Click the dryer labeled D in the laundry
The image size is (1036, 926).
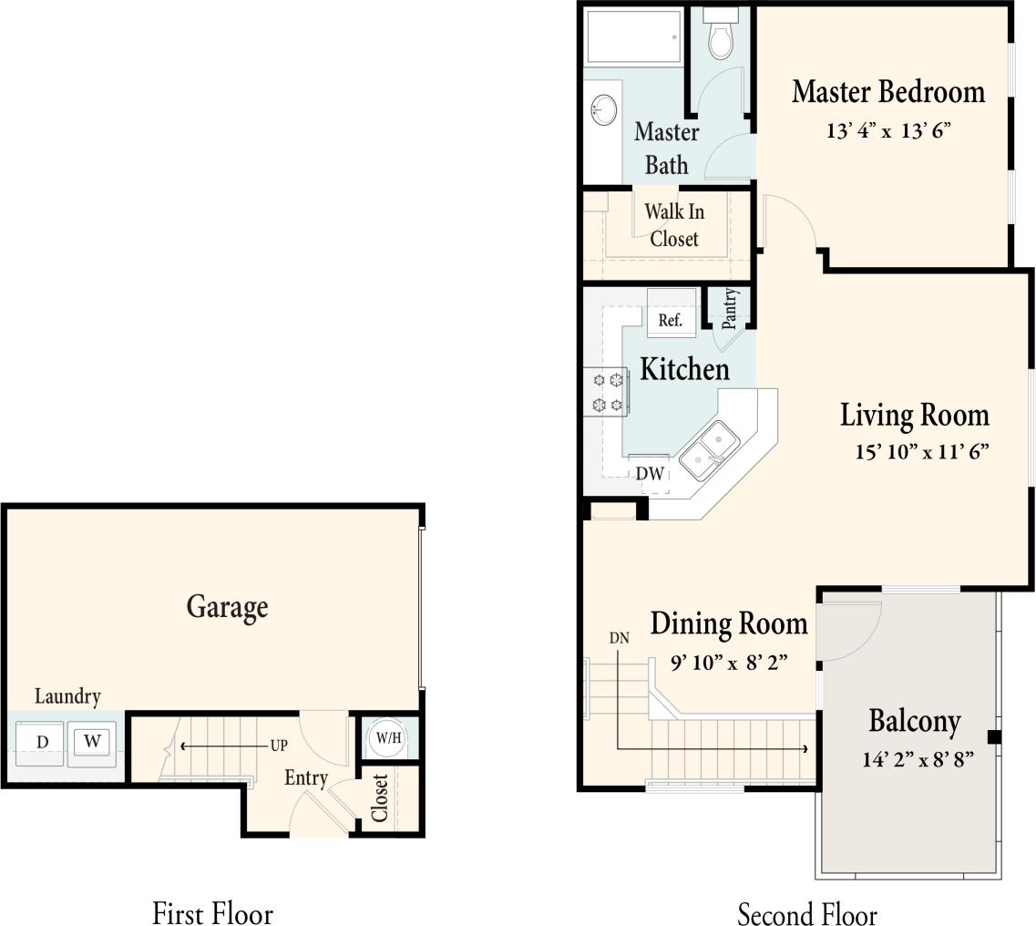42,742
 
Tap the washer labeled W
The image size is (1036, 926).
91,742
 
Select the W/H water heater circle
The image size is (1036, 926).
388,737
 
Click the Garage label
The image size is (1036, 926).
227,607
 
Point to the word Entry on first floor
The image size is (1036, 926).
305,777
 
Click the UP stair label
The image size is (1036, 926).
278,746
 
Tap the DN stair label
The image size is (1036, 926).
619,638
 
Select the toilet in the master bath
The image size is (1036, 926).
722,36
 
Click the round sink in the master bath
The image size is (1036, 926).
602,111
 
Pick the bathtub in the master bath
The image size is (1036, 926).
633,37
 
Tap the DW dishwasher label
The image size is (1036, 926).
650,474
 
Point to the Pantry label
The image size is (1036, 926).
729,308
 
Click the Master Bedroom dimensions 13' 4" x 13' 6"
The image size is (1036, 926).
887,130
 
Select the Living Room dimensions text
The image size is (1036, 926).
921,452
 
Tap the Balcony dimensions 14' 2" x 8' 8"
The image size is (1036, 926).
918,758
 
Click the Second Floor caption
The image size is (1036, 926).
806,913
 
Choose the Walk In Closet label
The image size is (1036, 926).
674,225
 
